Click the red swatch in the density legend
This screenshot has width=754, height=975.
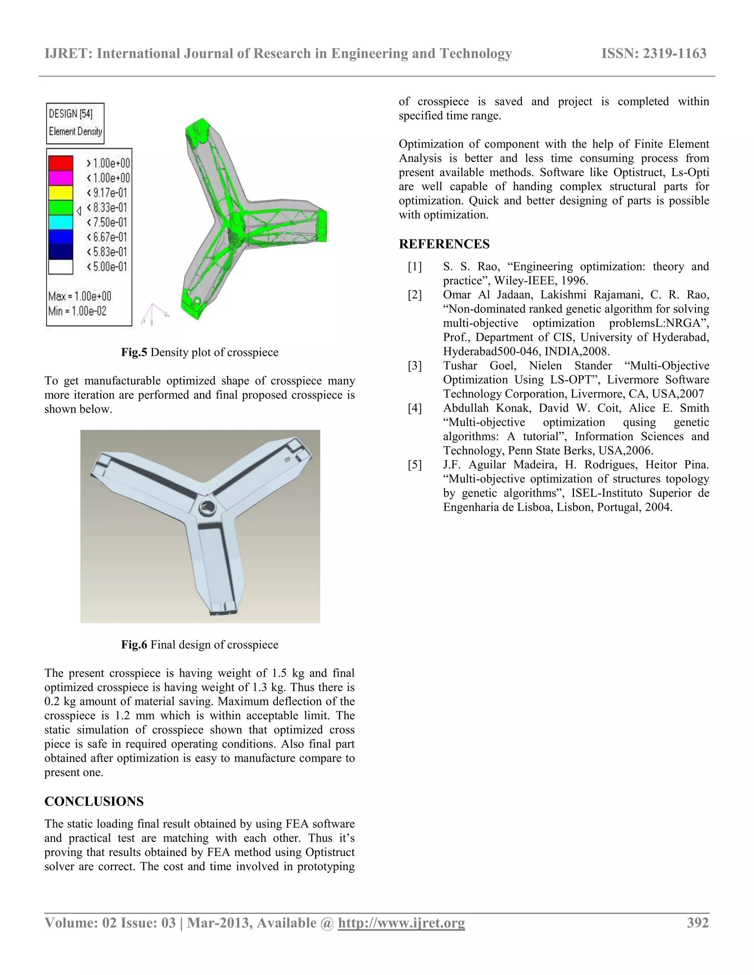(60, 163)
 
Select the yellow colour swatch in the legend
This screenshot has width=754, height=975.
(60, 192)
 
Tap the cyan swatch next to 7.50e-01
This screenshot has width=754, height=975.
(60, 222)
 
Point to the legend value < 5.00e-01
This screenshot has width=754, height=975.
(107, 266)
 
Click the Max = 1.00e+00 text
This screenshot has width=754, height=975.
(80, 296)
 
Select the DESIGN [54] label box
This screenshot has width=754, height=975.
(75, 123)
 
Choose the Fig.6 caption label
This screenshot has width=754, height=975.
(134, 645)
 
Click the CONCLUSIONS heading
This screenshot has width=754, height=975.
(94, 801)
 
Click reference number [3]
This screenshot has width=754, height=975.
(415, 366)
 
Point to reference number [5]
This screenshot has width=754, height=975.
(415, 465)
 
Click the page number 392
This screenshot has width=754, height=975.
(698, 922)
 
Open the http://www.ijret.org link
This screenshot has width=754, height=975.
(401, 923)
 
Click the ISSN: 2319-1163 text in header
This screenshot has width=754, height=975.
(654, 54)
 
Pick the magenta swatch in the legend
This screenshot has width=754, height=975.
(60, 178)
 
